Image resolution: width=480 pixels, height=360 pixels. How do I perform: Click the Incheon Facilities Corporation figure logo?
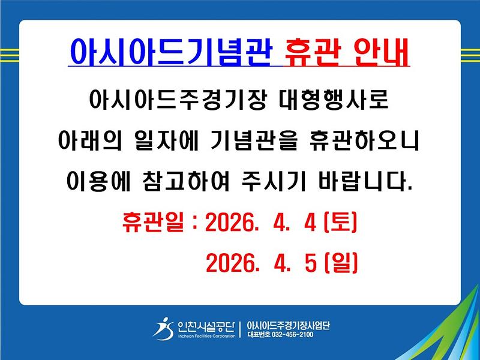(163, 328)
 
